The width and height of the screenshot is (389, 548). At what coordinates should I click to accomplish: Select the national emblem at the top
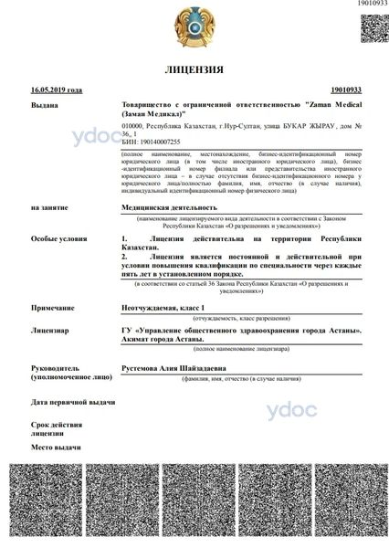coord(194,26)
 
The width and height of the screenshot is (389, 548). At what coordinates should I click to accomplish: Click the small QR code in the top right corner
coord(374,26)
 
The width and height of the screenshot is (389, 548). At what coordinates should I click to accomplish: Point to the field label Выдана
coord(45,106)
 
